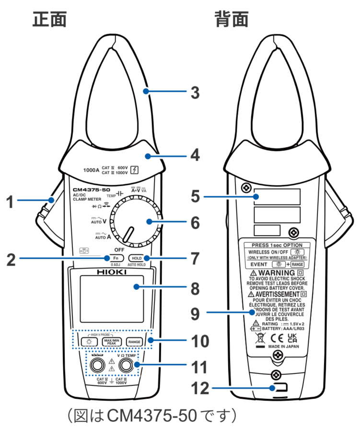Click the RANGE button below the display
(x=134, y=342)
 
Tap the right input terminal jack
(x=127, y=366)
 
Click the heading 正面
(x=49, y=19)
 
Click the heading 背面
(x=232, y=19)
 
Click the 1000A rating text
(x=92, y=169)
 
